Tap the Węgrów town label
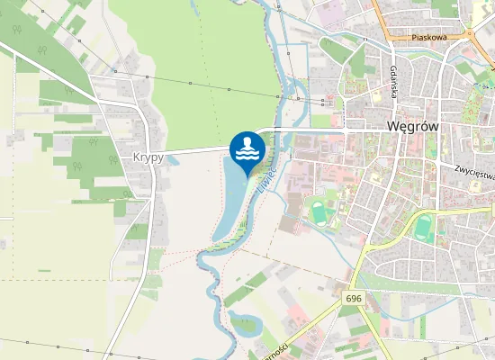tap(412, 127)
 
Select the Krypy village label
tap(148, 157)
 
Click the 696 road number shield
tap(353, 297)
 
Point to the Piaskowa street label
tap(428, 38)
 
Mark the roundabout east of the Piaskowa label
tap(471, 36)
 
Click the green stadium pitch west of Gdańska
tap(318, 212)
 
